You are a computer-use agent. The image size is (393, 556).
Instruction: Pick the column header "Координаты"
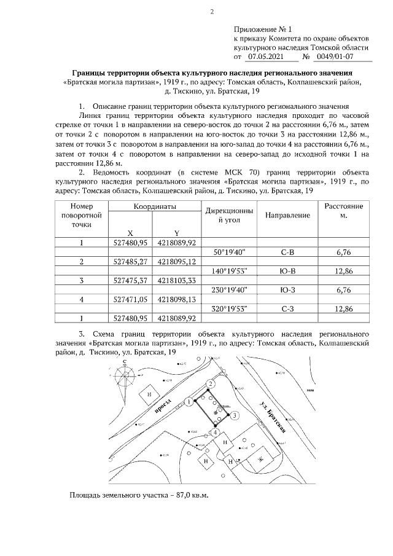(x=155, y=207)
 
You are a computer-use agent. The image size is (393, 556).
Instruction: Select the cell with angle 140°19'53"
(x=229, y=271)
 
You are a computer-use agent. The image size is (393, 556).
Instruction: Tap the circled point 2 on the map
(x=210, y=384)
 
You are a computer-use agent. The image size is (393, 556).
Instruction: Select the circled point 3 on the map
(x=235, y=416)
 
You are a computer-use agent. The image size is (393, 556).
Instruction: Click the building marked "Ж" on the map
(x=259, y=459)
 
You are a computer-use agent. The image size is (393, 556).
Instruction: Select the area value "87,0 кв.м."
(x=189, y=495)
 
